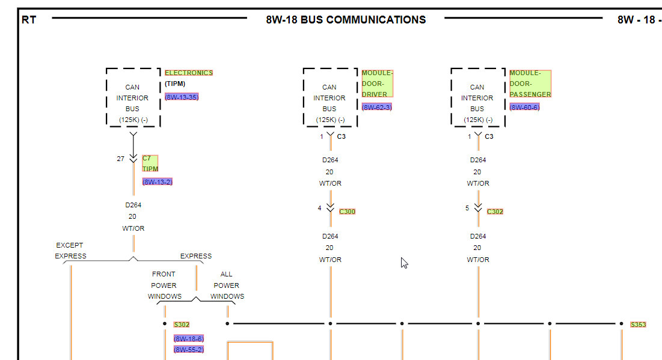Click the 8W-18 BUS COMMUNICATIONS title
[346, 20]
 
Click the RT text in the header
[29, 20]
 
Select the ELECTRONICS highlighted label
[189, 73]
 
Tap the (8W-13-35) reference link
[182, 97]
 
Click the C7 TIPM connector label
[150, 163]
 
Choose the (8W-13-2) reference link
[158, 182]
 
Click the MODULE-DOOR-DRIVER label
[377, 84]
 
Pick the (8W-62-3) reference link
[376, 107]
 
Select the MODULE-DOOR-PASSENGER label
[530, 84]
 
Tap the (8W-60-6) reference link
[524, 107]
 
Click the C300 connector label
[348, 212]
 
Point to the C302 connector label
[495, 212]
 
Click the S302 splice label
[182, 325]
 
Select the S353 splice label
[638, 325]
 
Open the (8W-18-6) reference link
[189, 339]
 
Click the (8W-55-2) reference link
[189, 349]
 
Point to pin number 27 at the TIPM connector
[121, 159]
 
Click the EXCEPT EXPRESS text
[70, 251]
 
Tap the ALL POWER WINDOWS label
[227, 285]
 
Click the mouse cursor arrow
[404, 263]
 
